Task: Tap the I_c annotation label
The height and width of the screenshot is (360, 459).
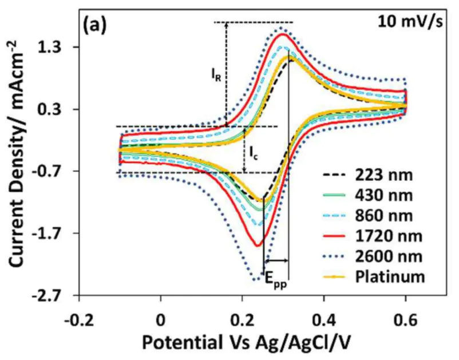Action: tap(252, 152)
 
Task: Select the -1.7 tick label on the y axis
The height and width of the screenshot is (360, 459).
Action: tap(54, 234)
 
